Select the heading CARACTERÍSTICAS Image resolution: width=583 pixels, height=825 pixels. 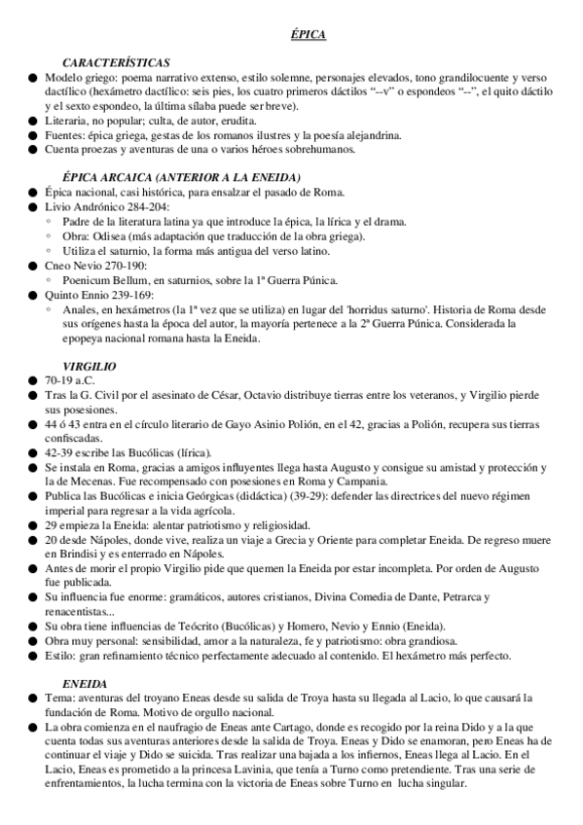coord(115,61)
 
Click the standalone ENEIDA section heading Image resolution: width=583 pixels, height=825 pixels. coord(84,684)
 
